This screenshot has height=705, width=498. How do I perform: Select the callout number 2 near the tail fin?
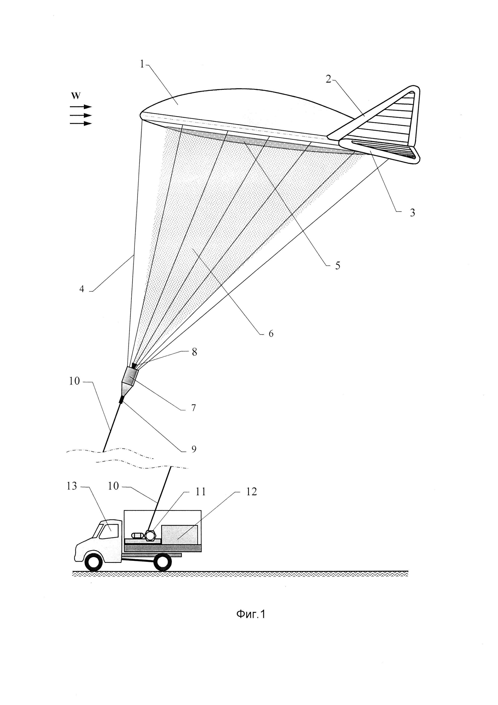329,80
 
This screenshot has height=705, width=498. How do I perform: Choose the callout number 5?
337,265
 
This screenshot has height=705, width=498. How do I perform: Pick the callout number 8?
194,352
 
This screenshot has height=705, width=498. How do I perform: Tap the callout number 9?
194,449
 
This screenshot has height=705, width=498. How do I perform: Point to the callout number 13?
72,486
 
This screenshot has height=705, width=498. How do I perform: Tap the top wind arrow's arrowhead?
88,107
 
